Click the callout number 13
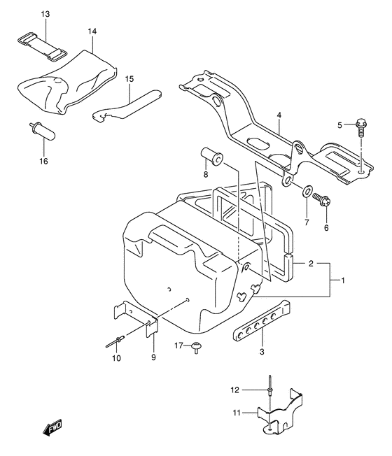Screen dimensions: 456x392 pyautogui.click(x=45, y=14)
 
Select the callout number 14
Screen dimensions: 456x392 pyautogui.click(x=93, y=32)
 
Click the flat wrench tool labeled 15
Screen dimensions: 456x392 pyautogui.click(x=129, y=104)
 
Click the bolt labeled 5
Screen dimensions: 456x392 pyautogui.click(x=361, y=127)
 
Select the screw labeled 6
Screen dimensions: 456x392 pyautogui.click(x=323, y=200)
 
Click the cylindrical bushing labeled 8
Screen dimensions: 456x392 pyautogui.click(x=211, y=157)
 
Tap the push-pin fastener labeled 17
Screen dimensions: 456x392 pyautogui.click(x=196, y=348)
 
